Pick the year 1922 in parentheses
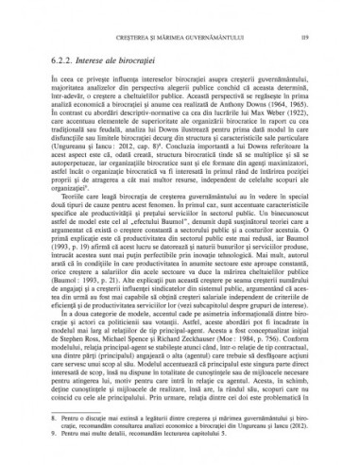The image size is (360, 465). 315,118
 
